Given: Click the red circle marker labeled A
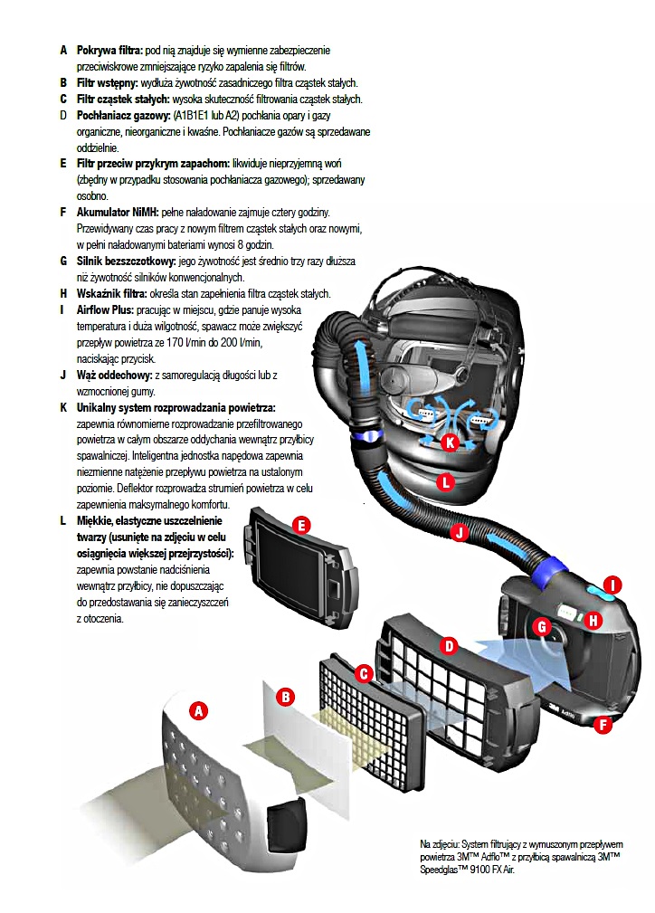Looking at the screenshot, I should click(x=196, y=710).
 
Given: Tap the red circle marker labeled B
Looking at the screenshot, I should click(x=285, y=696).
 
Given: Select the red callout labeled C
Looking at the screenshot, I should click(x=364, y=673).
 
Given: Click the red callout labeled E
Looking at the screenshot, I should click(x=302, y=524).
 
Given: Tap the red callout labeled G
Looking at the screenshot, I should click(x=542, y=626).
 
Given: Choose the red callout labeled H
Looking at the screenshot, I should click(x=594, y=620).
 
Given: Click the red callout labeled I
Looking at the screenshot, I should click(x=612, y=585).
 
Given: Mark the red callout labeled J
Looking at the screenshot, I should click(x=460, y=533).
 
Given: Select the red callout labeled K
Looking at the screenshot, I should click(x=450, y=442).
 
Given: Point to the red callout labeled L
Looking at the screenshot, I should click(x=444, y=482).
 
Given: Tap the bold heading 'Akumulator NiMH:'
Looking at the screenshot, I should click(x=117, y=212).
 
